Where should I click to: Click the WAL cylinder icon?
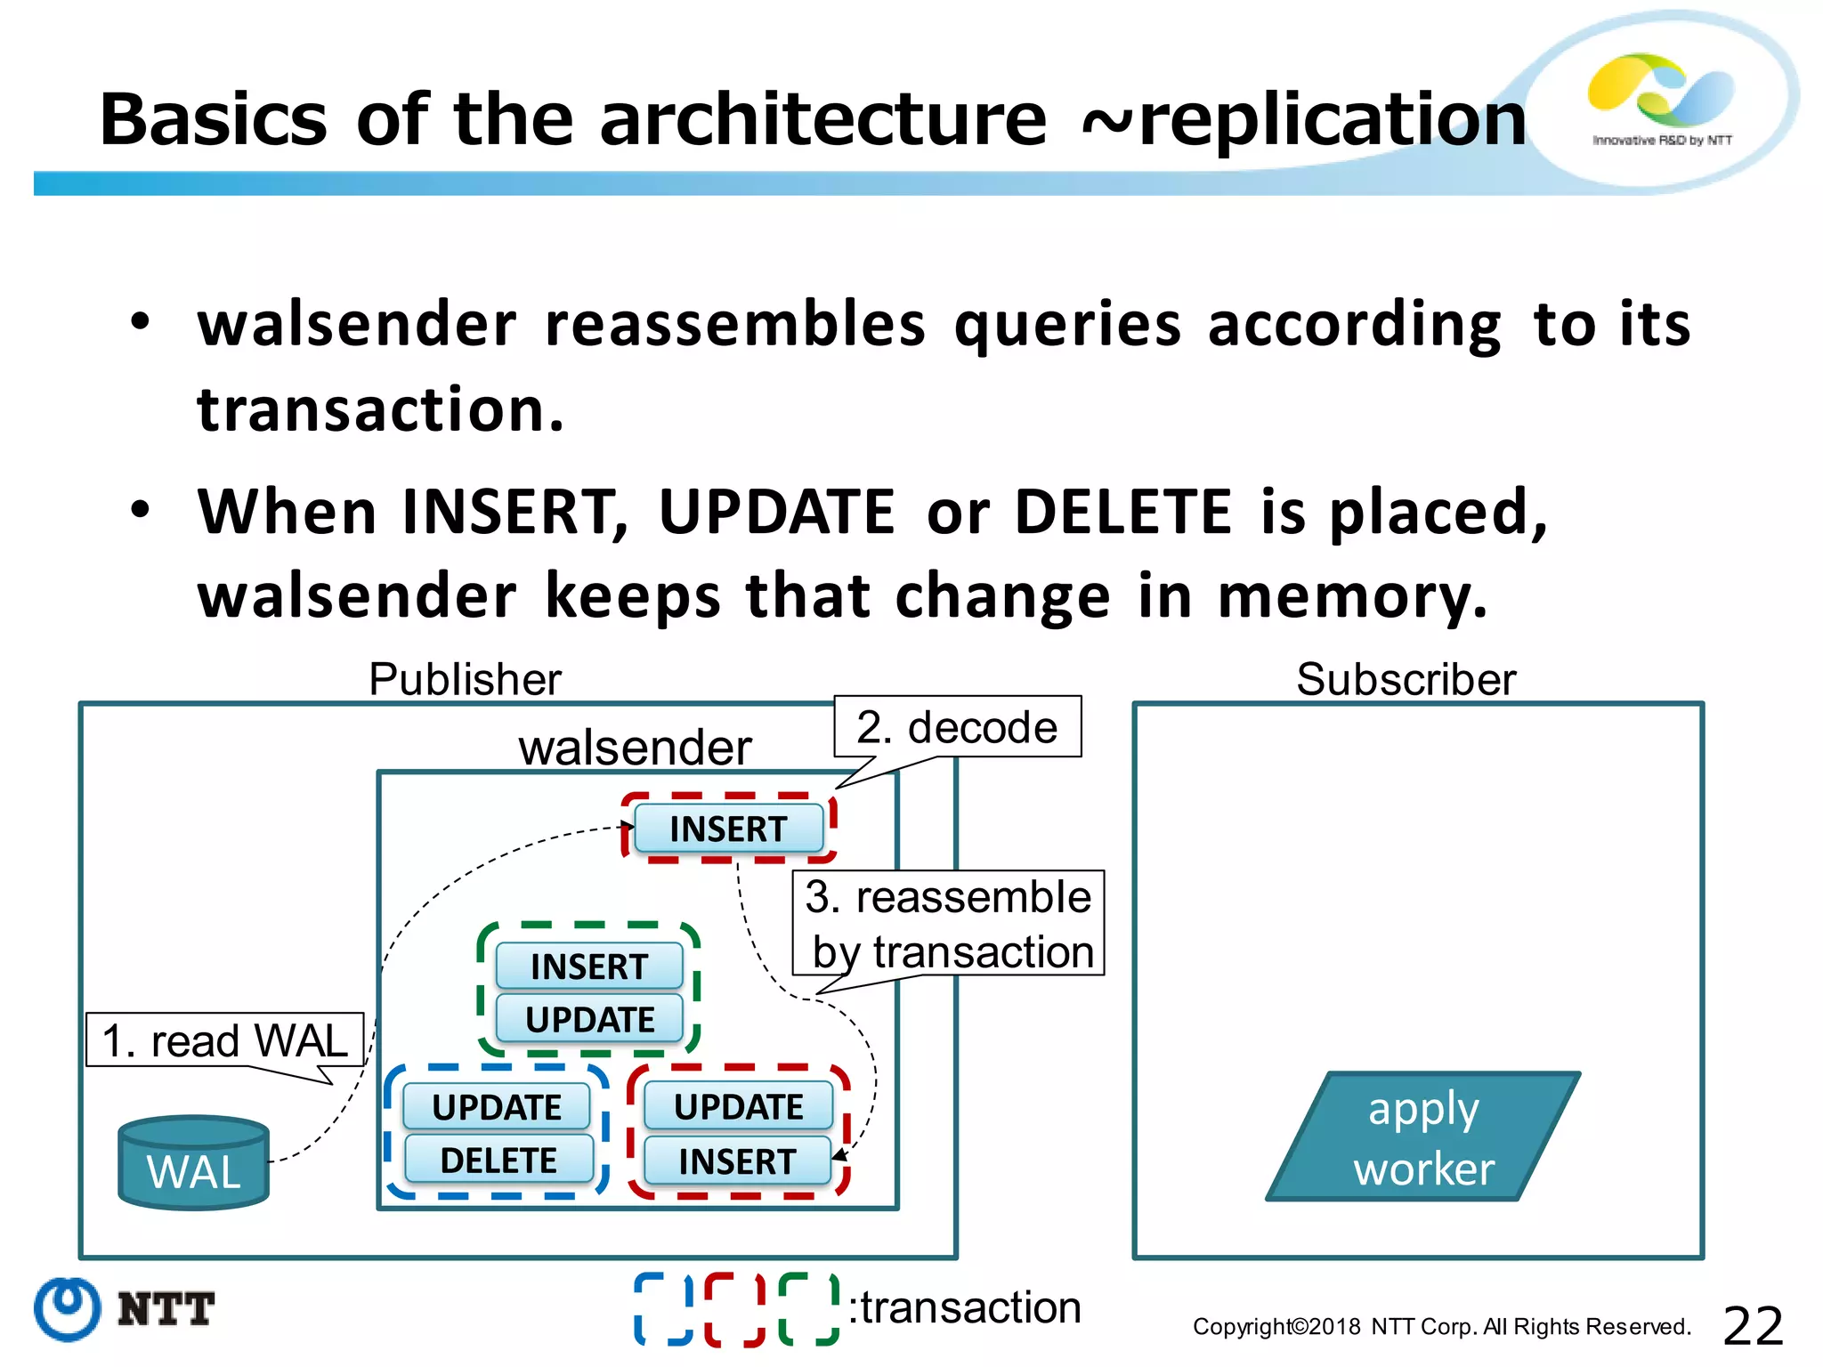(x=193, y=1162)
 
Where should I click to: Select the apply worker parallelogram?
(x=1422, y=1137)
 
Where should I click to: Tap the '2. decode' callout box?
(x=957, y=727)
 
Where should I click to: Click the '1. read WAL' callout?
(x=224, y=1039)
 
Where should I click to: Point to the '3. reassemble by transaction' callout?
(x=948, y=924)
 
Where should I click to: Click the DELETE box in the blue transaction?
(x=498, y=1160)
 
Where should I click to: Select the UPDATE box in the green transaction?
(x=589, y=1019)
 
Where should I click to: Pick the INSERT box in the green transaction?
(x=589, y=967)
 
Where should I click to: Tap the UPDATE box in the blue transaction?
(x=497, y=1107)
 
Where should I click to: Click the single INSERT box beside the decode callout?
(x=728, y=829)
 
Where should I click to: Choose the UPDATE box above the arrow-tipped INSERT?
(x=738, y=1106)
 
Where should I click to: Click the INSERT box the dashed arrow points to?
(x=737, y=1161)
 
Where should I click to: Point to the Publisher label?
(x=465, y=680)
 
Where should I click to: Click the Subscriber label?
(x=1406, y=680)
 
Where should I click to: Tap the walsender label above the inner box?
(x=635, y=747)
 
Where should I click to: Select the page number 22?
(x=1753, y=1326)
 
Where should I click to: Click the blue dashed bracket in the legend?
(x=663, y=1308)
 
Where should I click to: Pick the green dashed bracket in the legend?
(x=808, y=1308)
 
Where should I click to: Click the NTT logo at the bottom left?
(x=125, y=1309)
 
